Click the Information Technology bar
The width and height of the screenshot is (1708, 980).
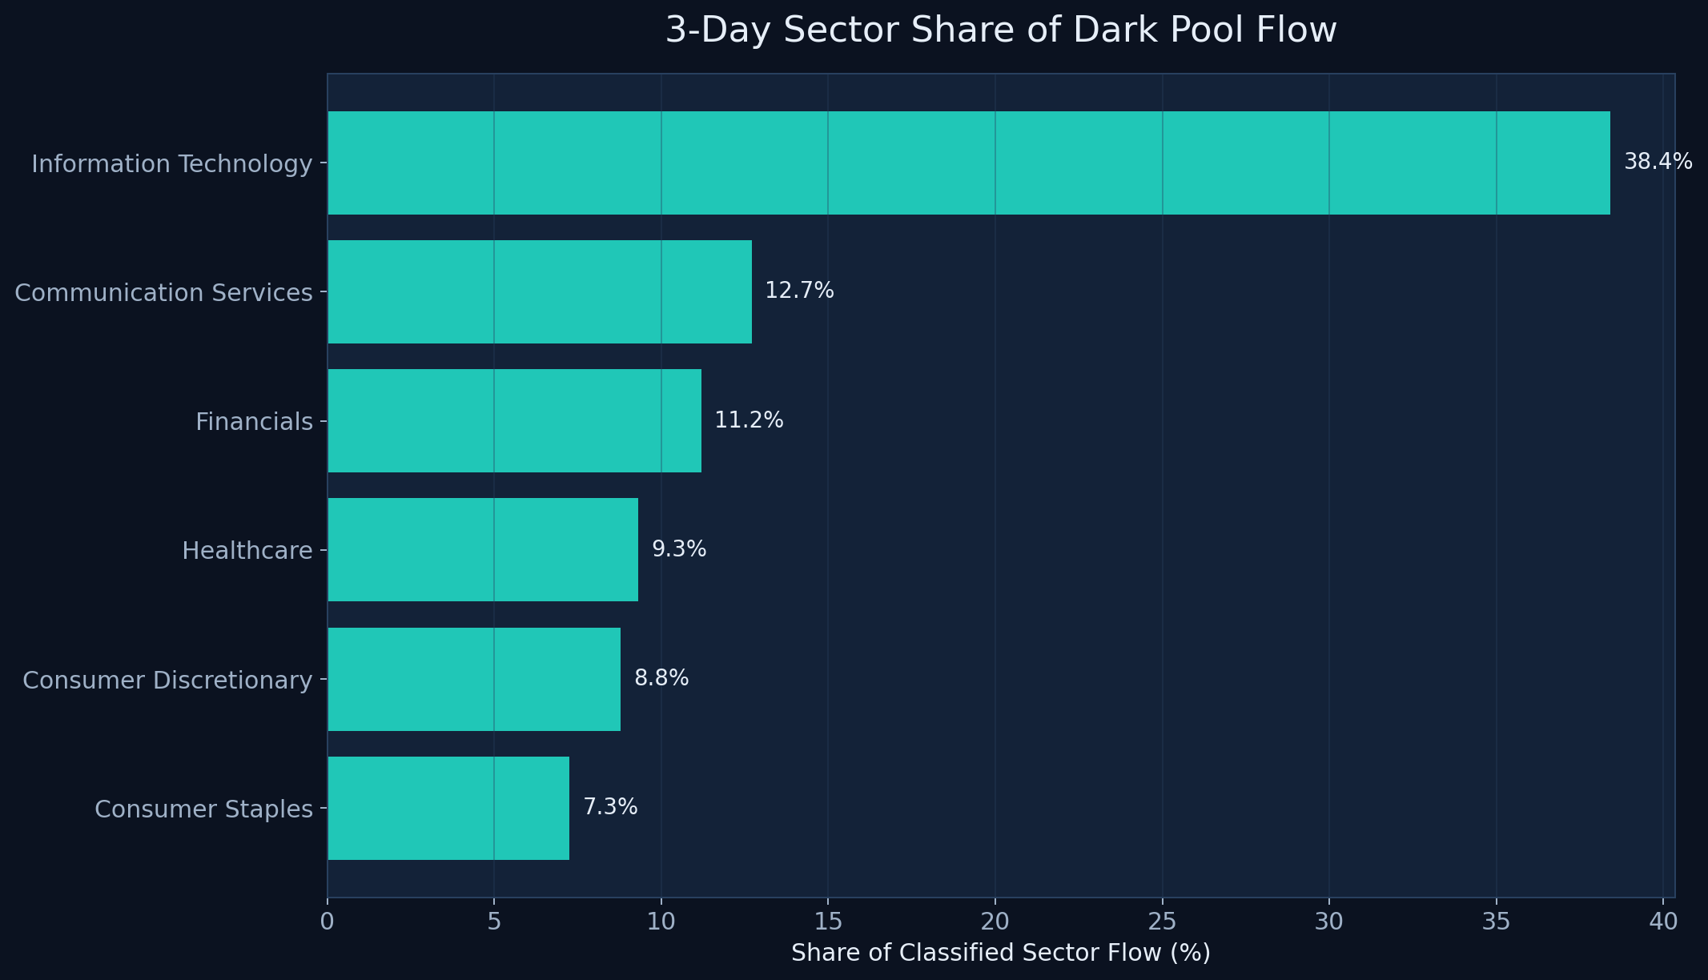tap(968, 163)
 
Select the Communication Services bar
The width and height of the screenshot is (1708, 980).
tap(539, 291)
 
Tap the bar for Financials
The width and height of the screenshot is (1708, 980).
tap(514, 420)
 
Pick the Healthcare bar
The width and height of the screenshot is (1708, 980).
tap(482, 549)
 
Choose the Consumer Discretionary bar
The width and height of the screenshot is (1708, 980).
tap(473, 679)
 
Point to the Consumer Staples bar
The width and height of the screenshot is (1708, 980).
tap(448, 808)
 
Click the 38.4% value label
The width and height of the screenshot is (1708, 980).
tap(1658, 163)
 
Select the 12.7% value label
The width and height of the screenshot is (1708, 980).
tap(799, 291)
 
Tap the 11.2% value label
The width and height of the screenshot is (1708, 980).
tap(749, 420)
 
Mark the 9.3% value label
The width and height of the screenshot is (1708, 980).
tap(679, 549)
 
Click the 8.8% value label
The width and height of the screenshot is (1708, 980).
tap(661, 678)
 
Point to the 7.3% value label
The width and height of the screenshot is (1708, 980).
tap(610, 807)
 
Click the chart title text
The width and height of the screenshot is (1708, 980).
tap(1001, 31)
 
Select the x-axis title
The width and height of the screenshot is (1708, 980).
tap(1001, 953)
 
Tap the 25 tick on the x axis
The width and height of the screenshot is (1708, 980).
tap(1162, 922)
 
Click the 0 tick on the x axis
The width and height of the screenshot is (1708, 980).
tap(327, 922)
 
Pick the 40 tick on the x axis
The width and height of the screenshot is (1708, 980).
tap(1663, 922)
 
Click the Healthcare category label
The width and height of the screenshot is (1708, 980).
tap(247, 551)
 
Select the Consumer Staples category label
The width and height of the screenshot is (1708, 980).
tap(203, 809)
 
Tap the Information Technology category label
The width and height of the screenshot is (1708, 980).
tap(171, 164)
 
